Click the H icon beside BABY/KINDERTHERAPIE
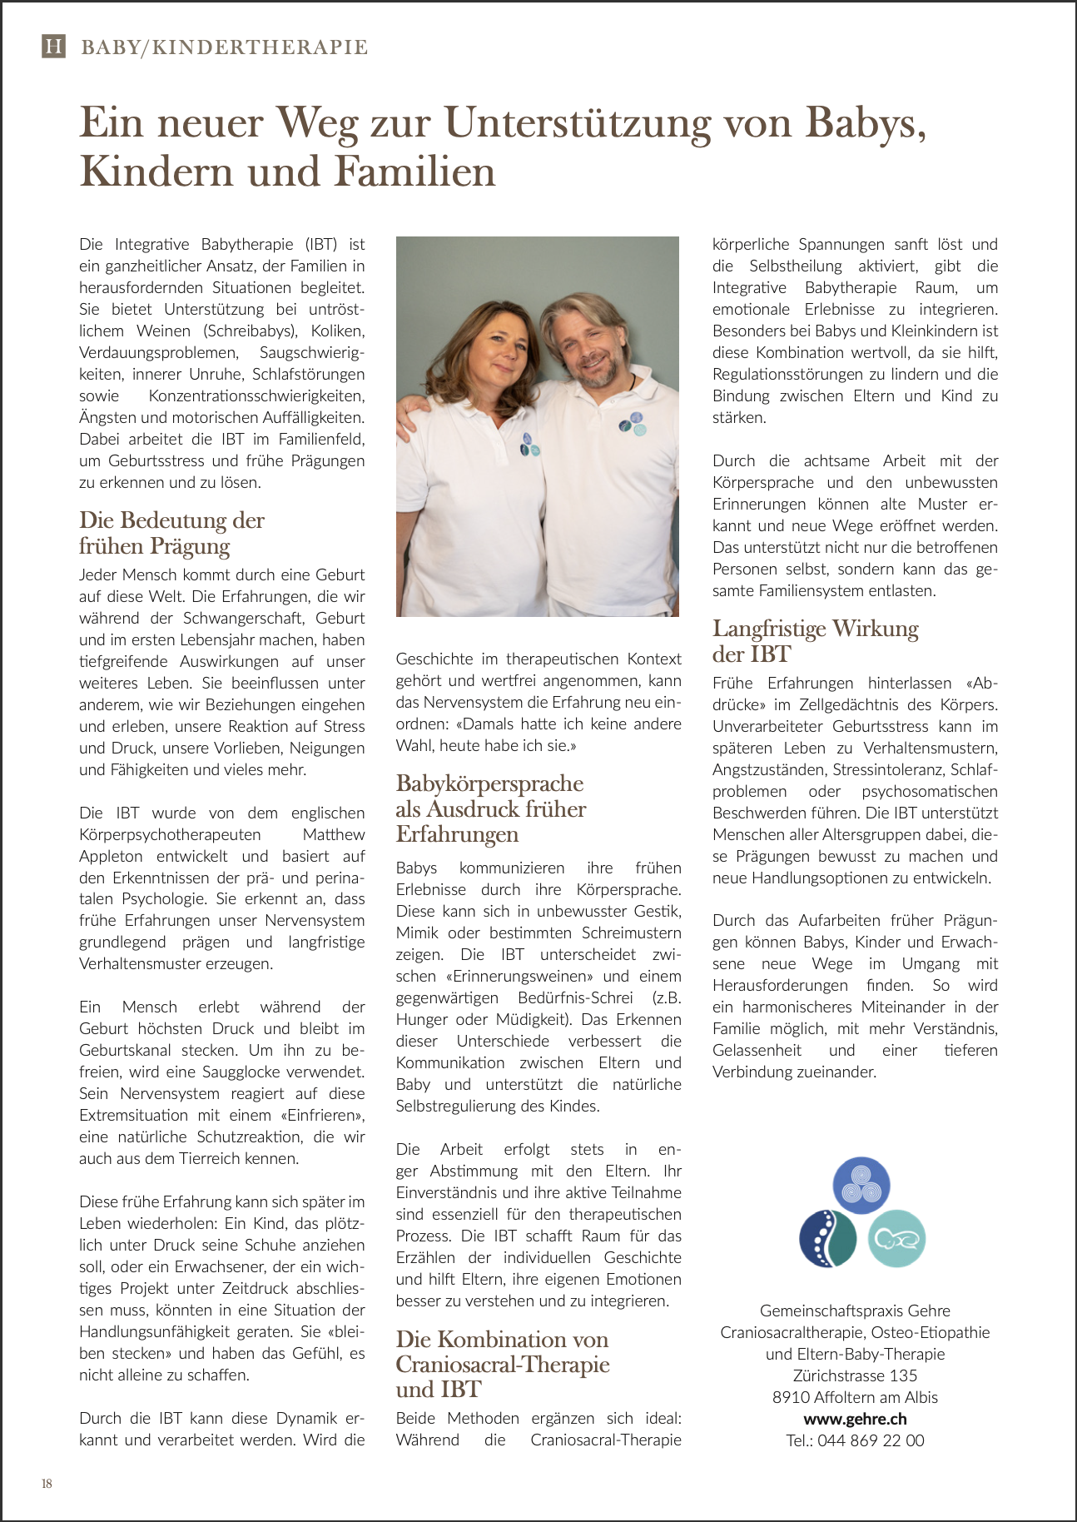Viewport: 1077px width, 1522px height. [x=53, y=46]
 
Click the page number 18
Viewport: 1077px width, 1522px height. [x=47, y=1483]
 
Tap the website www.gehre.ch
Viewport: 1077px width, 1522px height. [x=855, y=1419]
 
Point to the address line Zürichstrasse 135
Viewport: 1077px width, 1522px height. [x=855, y=1375]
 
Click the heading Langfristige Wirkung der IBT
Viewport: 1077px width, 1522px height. [x=815, y=640]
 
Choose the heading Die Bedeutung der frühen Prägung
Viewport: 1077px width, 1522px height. [x=171, y=533]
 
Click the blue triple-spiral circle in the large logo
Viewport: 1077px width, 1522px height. [x=861, y=1185]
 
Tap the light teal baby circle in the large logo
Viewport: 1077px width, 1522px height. [x=896, y=1238]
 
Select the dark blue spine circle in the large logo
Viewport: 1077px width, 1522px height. [x=827, y=1238]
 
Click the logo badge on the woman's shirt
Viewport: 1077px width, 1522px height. [x=529, y=445]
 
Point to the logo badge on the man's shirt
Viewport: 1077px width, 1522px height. [x=633, y=425]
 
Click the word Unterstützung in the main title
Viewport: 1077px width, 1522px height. [x=578, y=122]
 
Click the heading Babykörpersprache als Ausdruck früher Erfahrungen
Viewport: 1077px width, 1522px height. [x=490, y=808]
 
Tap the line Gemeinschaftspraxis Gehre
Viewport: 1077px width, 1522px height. [x=855, y=1311]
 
